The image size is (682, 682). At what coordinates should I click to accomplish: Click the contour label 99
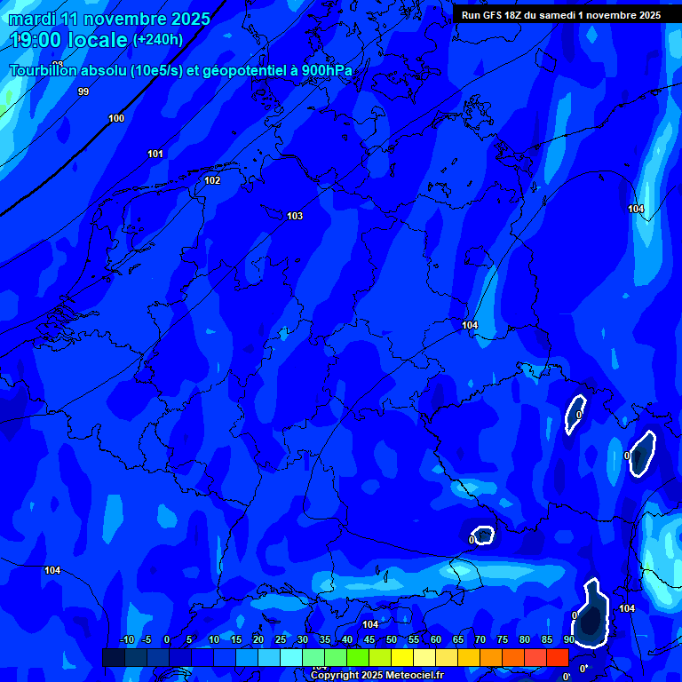83,91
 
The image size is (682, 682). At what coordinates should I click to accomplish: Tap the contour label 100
116,118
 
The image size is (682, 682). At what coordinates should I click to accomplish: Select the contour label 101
155,154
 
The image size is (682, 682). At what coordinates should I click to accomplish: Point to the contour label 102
212,180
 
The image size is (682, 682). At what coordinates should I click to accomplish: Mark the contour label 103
295,216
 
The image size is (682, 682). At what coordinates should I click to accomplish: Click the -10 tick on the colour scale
126,639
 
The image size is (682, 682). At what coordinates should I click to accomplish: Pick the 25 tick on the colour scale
280,639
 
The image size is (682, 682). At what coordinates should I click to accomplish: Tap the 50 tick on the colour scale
391,639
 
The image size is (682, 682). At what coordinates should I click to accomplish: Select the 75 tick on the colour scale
502,639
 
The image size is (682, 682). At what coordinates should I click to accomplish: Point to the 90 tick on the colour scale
568,639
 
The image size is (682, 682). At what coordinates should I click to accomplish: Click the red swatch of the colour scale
557,657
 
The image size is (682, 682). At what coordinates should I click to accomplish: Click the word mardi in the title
32,19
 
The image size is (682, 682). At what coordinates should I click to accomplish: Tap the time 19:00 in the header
43,40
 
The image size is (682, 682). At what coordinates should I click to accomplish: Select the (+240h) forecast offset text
158,40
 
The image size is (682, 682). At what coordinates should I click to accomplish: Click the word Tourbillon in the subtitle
44,71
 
